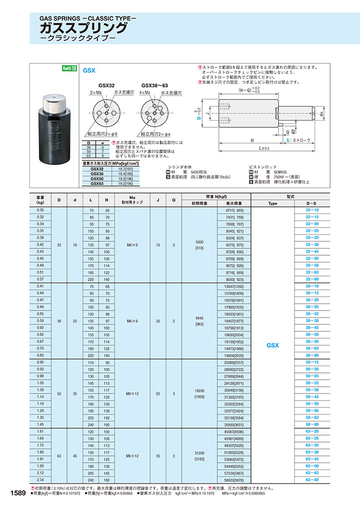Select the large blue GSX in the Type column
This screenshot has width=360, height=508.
272,345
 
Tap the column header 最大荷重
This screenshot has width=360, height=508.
232,203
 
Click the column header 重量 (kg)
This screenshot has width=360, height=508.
40,200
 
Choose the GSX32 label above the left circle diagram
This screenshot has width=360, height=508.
106,86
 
